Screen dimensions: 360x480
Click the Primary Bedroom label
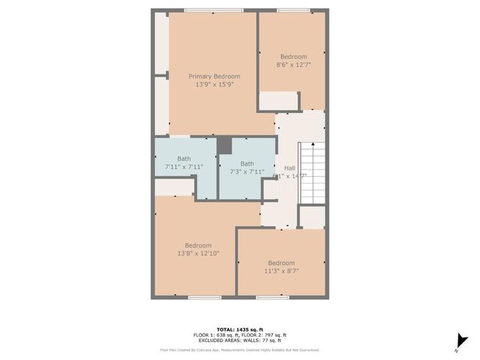click(x=214, y=76)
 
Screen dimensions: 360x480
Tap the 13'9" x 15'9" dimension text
click(x=214, y=85)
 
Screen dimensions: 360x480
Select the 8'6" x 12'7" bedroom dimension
click(x=293, y=65)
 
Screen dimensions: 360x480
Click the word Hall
click(x=289, y=168)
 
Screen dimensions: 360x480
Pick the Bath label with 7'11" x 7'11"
click(x=184, y=158)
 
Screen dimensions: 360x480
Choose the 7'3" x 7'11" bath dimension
click(x=247, y=172)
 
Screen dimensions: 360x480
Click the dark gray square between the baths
click(x=224, y=145)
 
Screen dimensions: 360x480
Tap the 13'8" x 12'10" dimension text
click(x=198, y=254)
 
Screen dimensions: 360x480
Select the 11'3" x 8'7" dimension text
click(x=281, y=271)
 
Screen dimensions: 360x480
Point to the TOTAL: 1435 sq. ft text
click(x=240, y=329)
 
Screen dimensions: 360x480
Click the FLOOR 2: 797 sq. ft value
click(x=266, y=334)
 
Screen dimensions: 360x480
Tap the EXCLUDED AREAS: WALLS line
click(x=240, y=340)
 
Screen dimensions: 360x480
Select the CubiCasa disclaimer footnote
click(x=240, y=349)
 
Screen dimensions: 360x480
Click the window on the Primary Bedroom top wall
click(x=213, y=10)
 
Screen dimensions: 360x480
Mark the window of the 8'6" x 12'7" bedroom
click(x=292, y=10)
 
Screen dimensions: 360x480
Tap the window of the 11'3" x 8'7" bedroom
click(x=273, y=298)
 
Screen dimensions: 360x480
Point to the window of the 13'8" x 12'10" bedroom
click(x=199, y=298)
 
